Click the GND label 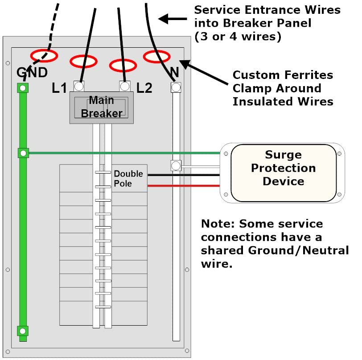pyautogui.click(x=32, y=72)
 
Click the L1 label pyautogui.click(x=59, y=88)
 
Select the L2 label pyautogui.click(x=144, y=88)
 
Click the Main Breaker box pyautogui.click(x=102, y=107)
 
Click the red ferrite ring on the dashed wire pyautogui.click(x=44, y=56)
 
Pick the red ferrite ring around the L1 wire pyautogui.click(x=83, y=61)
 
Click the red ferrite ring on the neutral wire pyautogui.click(x=156, y=56)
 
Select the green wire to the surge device pyautogui.click(x=125, y=153)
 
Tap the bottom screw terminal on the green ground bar pyautogui.click(x=22, y=331)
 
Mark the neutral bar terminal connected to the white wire pyautogui.click(x=176, y=166)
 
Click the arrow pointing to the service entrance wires pyautogui.click(x=173, y=19)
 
